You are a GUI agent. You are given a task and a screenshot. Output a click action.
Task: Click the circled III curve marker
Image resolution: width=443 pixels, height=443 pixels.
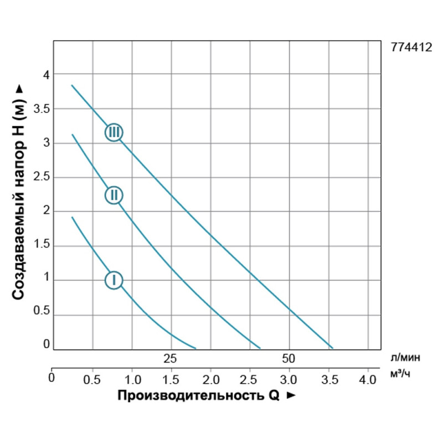[x=114, y=132]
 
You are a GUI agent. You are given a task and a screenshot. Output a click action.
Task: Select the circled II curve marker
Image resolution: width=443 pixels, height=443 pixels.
[x=114, y=195]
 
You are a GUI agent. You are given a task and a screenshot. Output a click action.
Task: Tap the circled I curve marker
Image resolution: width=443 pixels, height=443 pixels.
[x=114, y=280]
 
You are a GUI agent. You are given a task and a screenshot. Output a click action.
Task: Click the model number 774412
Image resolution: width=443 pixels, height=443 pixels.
[x=411, y=48]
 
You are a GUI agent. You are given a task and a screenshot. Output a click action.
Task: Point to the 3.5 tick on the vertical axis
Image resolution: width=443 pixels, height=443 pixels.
[x=42, y=109]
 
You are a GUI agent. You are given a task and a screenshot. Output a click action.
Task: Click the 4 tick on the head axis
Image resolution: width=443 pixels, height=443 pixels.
[x=47, y=75]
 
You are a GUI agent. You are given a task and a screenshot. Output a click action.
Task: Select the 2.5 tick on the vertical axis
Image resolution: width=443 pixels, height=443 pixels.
[x=42, y=177]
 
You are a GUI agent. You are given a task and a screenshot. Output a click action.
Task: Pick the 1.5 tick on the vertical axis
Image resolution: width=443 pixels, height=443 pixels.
[x=42, y=245]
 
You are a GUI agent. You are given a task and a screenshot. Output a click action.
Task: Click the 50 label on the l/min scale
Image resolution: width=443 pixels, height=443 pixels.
[x=289, y=358]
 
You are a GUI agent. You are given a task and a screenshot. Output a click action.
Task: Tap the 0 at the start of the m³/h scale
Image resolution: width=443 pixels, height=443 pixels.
[x=51, y=378]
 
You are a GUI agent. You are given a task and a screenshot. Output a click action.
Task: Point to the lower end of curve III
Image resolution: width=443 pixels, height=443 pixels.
[x=332, y=348]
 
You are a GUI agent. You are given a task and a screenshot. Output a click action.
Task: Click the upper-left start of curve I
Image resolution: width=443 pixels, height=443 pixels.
[x=73, y=218]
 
